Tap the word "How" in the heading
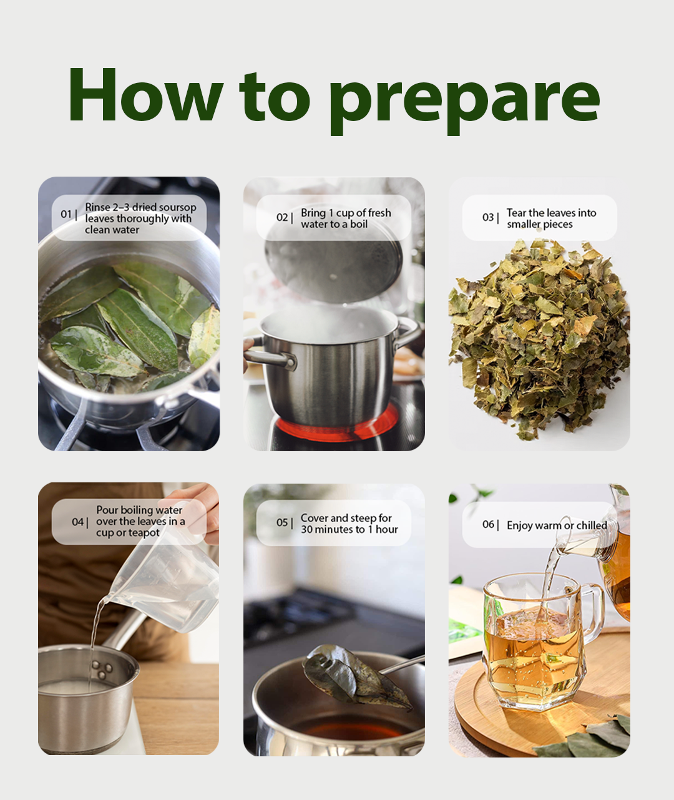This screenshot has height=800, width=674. point(146,94)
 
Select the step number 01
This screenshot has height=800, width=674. point(66,214)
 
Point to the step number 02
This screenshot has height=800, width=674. point(281,218)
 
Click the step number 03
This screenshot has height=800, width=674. point(488,218)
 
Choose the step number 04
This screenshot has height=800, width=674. point(77,522)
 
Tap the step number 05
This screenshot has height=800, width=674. point(281,522)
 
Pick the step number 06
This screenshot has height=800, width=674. point(488,524)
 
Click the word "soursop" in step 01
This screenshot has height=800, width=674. point(177,208)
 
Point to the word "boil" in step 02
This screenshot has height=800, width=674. point(359,224)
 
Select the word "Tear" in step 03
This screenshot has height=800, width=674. point(515,213)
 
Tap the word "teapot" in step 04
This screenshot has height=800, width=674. point(144,534)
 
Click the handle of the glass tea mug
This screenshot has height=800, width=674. point(592,617)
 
